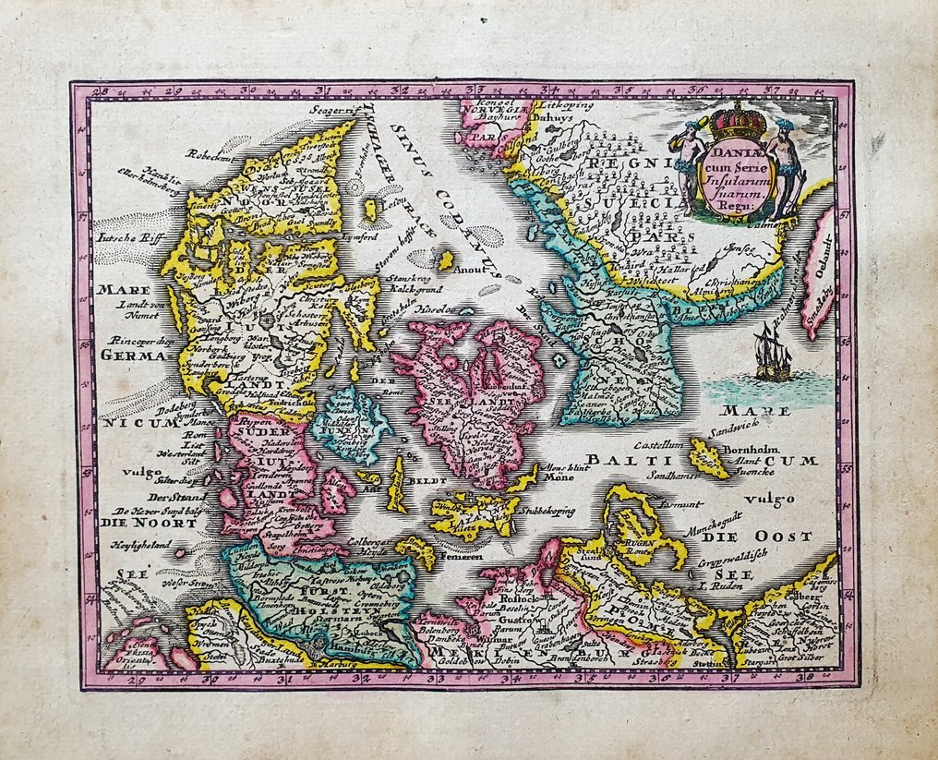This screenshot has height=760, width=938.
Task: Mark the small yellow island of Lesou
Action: coord(371,210)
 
